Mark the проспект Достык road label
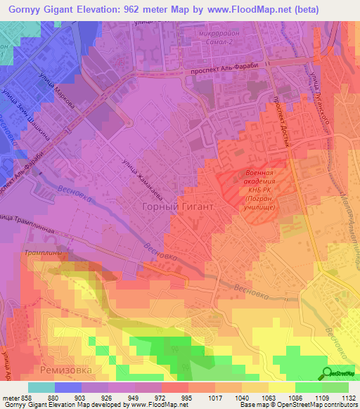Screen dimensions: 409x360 coord(282,119)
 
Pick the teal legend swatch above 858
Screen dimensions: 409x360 coord(41,387)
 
